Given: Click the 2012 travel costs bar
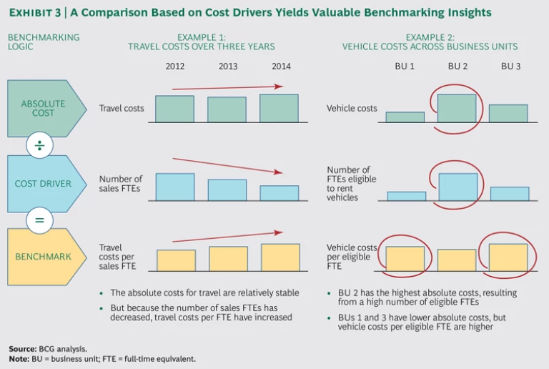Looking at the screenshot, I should coord(174,109).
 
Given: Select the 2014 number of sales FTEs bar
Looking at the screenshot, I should coord(280,193).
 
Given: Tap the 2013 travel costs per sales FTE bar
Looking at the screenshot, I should coord(227,259).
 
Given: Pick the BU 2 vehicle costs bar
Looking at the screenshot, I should coord(457,108).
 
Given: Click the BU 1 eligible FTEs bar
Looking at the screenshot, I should coord(406,196).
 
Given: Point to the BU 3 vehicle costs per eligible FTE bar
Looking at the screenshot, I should coord(508,257).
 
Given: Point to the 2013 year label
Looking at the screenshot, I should coord(227,67).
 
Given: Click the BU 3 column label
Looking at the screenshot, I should coord(510,67).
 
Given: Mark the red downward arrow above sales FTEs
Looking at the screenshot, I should coord(228,166).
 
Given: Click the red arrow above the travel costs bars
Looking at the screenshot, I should coord(228,89).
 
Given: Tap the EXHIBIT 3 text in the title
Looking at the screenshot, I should coord(35,13).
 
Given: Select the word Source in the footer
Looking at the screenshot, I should coord(22,348).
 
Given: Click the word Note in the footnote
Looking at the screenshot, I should coord(19,358).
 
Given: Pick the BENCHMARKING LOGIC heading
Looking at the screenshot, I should coord(44,42).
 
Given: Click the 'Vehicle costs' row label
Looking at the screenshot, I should coord(352,109).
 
